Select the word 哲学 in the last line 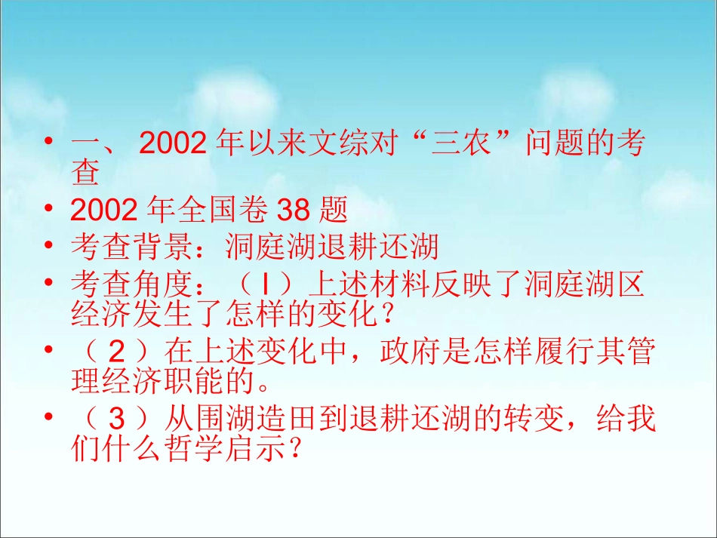[183, 450]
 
